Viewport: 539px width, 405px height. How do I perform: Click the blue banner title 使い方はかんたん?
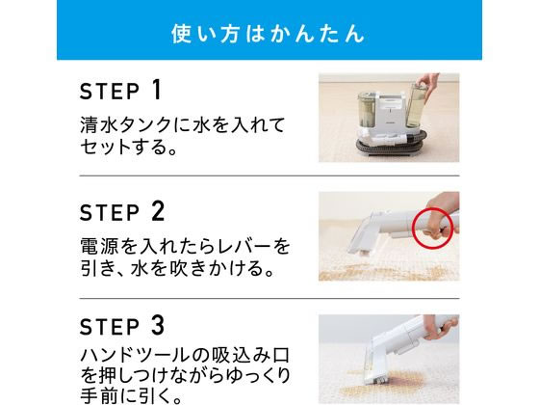pos(268,34)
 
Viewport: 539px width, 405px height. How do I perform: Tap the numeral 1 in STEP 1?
pos(157,90)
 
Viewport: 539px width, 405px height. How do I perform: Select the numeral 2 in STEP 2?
pos(158,211)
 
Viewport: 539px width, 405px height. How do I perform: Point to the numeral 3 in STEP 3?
pos(158,326)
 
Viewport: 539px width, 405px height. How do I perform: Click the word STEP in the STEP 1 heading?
pos(110,92)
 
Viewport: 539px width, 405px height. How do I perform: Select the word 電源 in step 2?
pos(97,246)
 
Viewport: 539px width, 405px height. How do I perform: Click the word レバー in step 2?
pos(244,246)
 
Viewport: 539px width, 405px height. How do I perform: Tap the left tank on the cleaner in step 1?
pos(368,109)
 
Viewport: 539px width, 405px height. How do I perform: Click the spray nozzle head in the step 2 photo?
pos(361,238)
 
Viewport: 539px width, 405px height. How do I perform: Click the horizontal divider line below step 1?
pos(269,175)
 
